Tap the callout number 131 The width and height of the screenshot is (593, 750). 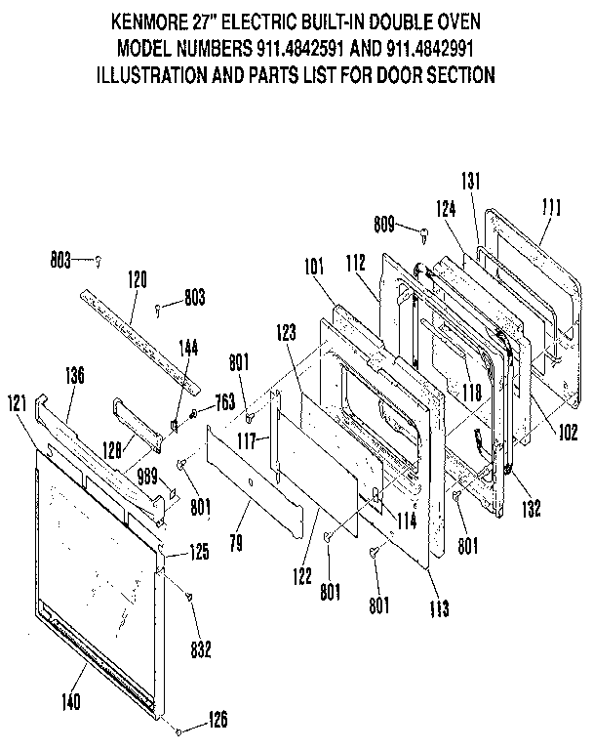click(x=471, y=179)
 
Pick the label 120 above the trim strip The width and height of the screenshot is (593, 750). click(x=138, y=280)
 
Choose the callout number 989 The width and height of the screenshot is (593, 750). click(x=147, y=478)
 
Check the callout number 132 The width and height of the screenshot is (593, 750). click(x=531, y=508)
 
